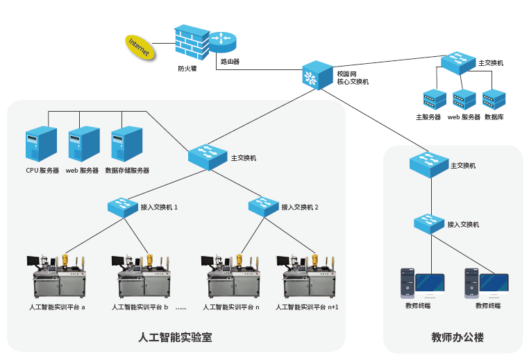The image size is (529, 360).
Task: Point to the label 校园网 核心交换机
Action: pos(352,77)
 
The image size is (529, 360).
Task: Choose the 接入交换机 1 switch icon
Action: pos(122,206)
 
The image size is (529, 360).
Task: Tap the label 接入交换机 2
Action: pos(299,207)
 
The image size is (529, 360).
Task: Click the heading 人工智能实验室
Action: pos(175,338)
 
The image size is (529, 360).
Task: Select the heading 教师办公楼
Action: pos(457,338)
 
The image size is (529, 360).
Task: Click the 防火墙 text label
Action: pos(187,69)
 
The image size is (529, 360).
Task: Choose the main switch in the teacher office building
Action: pos(428,164)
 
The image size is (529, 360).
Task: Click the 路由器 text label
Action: pos(230,62)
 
